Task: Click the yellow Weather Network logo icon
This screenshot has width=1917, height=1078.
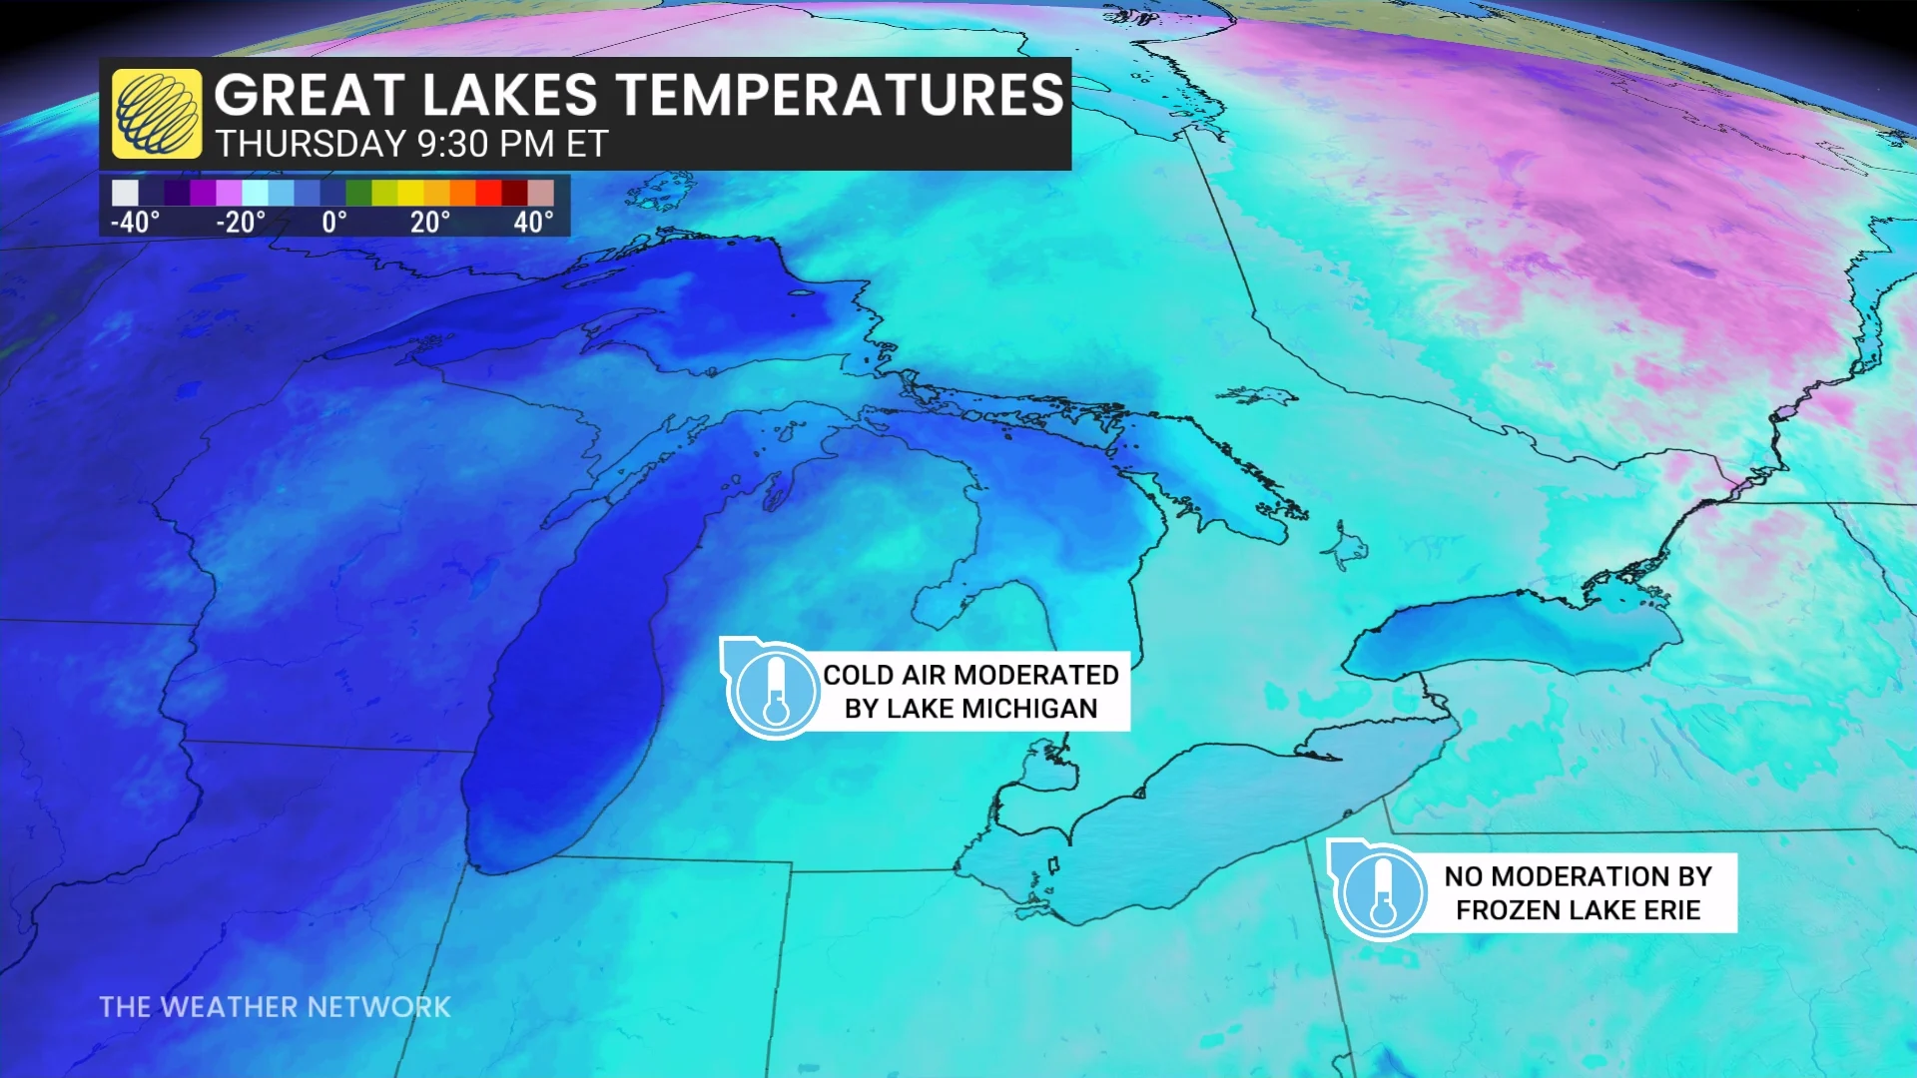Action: click(x=156, y=114)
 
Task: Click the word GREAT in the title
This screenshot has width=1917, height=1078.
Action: click(x=307, y=95)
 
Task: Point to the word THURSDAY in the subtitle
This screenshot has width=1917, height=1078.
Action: click(x=311, y=145)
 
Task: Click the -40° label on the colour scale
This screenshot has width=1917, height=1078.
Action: click(x=135, y=222)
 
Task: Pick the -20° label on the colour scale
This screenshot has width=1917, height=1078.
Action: click(x=241, y=222)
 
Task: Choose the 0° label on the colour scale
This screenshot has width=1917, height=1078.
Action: click(x=334, y=222)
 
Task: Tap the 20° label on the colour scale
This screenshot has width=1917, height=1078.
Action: click(x=430, y=222)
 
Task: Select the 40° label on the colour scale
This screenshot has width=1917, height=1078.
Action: click(x=533, y=222)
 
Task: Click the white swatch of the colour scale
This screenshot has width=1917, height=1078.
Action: click(x=125, y=193)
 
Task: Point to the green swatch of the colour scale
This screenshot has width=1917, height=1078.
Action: click(x=358, y=193)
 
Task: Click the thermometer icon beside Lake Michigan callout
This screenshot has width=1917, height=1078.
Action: click(x=775, y=690)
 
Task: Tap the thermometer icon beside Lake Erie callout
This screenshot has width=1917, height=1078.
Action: click(x=1382, y=891)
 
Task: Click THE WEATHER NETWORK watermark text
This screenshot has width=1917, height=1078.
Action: click(x=275, y=1007)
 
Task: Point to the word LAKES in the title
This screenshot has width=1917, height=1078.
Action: click(x=509, y=95)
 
